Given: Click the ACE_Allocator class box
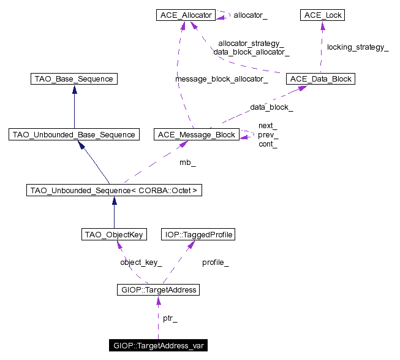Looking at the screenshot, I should click(186, 14).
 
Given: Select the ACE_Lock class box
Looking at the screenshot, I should click(322, 14).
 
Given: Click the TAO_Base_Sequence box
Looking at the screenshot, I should click(74, 79).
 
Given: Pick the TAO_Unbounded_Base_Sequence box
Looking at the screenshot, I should click(74, 134).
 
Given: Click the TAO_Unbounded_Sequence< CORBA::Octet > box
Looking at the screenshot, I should click(113, 190).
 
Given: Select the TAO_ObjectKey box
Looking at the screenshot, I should click(113, 234).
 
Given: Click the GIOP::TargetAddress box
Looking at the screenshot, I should click(158, 289).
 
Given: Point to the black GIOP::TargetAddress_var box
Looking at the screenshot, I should click(158, 346).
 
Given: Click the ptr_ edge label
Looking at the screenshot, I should click(170, 318).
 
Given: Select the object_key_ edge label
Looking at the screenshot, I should click(141, 262).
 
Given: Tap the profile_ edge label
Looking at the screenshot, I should click(216, 262).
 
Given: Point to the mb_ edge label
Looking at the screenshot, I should click(187, 163).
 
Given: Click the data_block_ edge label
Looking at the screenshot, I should click(271, 107).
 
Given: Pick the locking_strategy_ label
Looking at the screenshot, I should click(358, 47).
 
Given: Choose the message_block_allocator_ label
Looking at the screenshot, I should click(221, 79).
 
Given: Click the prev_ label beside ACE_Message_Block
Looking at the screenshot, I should click(268, 134).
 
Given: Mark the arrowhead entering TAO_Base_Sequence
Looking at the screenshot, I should click(74, 89).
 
